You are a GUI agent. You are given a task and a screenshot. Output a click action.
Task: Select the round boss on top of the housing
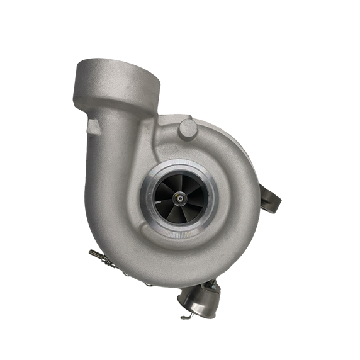188,128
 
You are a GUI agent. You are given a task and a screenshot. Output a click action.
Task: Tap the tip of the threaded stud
91,253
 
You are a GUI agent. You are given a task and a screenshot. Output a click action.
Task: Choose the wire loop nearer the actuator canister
147,283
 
